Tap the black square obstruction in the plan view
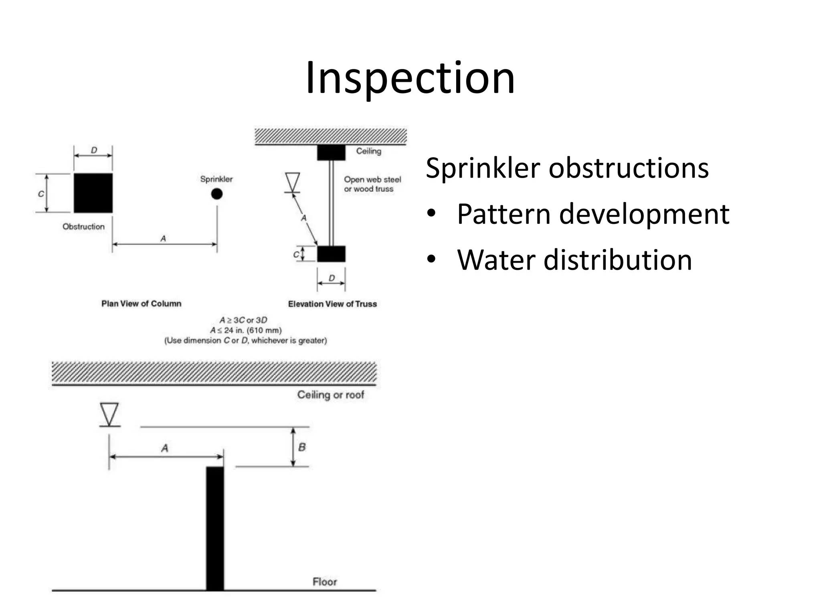[93, 193]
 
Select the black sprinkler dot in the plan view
[217, 194]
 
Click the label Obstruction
[83, 227]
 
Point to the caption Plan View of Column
[141, 304]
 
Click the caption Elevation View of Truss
[332, 304]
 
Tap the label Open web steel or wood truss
[372, 184]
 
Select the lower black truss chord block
[331, 254]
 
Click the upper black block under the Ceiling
[331, 153]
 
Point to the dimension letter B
[302, 447]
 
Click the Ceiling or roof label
[330, 395]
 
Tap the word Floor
[324, 582]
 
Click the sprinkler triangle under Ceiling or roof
[109, 414]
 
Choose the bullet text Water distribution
[574, 260]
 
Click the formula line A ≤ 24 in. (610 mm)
[246, 330]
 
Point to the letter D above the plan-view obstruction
[94, 150]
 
